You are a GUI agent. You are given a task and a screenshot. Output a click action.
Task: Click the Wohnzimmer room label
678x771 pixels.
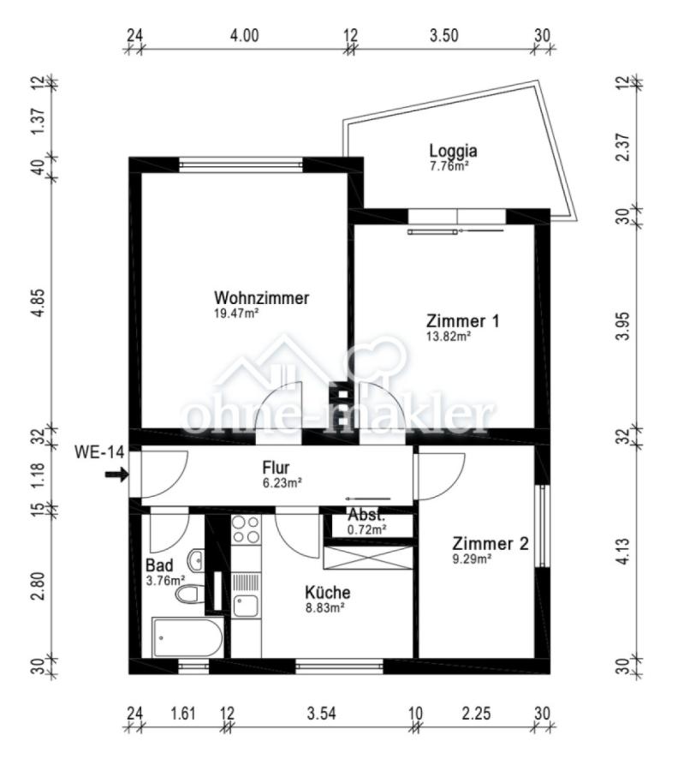point(261,298)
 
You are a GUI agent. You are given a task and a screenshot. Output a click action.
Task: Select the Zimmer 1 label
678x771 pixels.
point(462,321)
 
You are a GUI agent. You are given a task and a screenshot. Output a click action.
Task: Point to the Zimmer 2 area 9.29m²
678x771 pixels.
point(472,559)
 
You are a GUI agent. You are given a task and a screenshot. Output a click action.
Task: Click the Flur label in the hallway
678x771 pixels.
point(276,468)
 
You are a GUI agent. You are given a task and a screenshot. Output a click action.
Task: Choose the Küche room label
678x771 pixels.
point(328,592)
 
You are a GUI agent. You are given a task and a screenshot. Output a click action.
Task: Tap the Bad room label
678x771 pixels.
point(160,565)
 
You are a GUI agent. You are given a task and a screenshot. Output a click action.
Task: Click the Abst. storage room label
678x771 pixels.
point(366,516)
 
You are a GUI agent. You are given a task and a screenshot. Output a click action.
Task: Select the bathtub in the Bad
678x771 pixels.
point(187,637)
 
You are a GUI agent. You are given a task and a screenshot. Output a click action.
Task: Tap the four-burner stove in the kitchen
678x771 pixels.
point(247,530)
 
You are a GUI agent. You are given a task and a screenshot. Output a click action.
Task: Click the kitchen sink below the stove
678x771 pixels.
point(246,606)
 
